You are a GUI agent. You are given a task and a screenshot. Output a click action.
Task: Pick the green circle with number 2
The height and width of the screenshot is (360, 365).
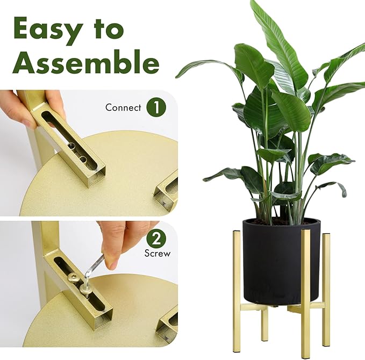(156, 239)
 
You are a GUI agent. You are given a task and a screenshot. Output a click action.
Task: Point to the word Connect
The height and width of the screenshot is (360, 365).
(123, 107)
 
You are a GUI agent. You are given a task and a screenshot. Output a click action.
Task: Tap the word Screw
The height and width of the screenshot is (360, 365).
(158, 253)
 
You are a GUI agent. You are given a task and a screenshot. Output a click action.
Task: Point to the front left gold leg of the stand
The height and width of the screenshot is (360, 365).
(237, 289)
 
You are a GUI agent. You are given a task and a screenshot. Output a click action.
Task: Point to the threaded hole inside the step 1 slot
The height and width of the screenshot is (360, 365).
(83, 160)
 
